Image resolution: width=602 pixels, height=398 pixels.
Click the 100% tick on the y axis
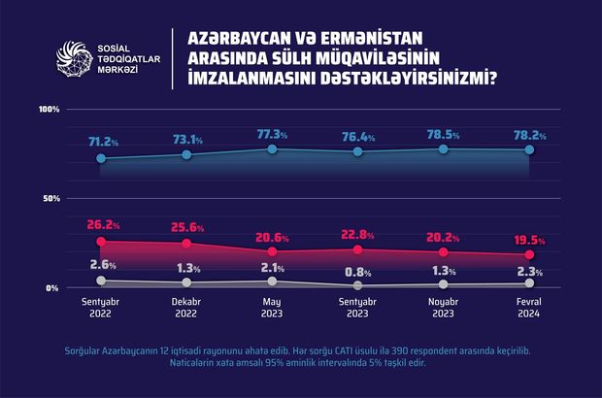pos(50,109)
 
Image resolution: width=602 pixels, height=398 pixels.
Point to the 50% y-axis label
pos(51,198)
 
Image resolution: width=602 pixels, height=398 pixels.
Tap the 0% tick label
pos(52,288)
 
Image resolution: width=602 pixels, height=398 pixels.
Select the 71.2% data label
pos(103,142)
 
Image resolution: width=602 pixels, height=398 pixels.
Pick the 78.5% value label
pos(443,133)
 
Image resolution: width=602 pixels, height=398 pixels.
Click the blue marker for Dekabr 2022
pos(186,154)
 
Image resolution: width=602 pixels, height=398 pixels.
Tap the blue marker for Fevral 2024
pos(529,149)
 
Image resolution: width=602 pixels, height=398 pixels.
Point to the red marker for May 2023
pos(272,251)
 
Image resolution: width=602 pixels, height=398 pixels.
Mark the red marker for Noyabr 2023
pos(444,252)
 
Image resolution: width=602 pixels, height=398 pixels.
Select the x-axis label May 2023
pos(272,308)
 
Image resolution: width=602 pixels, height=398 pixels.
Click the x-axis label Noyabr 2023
pos(444,308)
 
